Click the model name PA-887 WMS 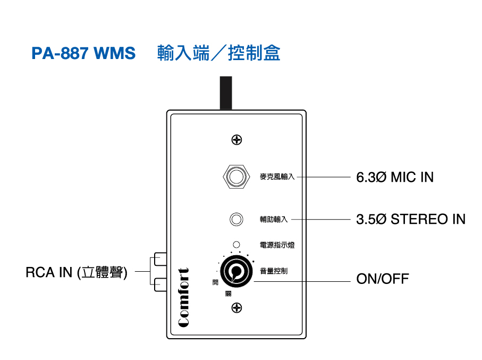83,54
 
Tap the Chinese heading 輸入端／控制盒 218,53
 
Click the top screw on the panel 237,140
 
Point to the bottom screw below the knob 237,307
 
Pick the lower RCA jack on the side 160,284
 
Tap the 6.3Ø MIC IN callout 394,177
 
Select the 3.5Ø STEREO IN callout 410,219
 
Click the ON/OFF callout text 382,279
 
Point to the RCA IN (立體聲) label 77,272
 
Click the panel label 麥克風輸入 277,177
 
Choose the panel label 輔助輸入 274,219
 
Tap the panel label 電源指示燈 277,245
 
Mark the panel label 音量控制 274,271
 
